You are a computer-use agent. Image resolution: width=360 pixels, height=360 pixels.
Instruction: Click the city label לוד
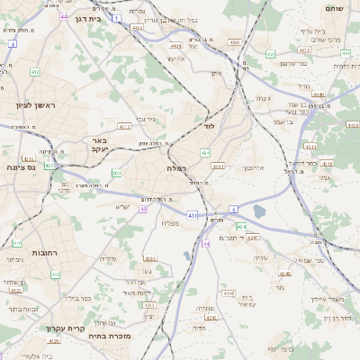click(x=209, y=127)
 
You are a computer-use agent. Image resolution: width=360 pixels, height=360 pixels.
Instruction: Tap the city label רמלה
click(x=176, y=168)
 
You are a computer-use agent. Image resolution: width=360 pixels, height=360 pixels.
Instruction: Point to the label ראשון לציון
click(x=34, y=105)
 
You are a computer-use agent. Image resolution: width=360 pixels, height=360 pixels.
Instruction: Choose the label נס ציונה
click(x=20, y=167)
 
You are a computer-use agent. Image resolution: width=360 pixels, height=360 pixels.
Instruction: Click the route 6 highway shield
click(x=233, y=209)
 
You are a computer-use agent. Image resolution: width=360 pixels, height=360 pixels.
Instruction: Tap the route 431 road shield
click(x=193, y=215)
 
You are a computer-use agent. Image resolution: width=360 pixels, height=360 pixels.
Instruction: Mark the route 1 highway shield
click(x=118, y=17)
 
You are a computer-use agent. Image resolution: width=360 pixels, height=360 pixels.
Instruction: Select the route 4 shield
click(x=13, y=43)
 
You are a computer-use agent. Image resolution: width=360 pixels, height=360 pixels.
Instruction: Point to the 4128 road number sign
click(x=53, y=341)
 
